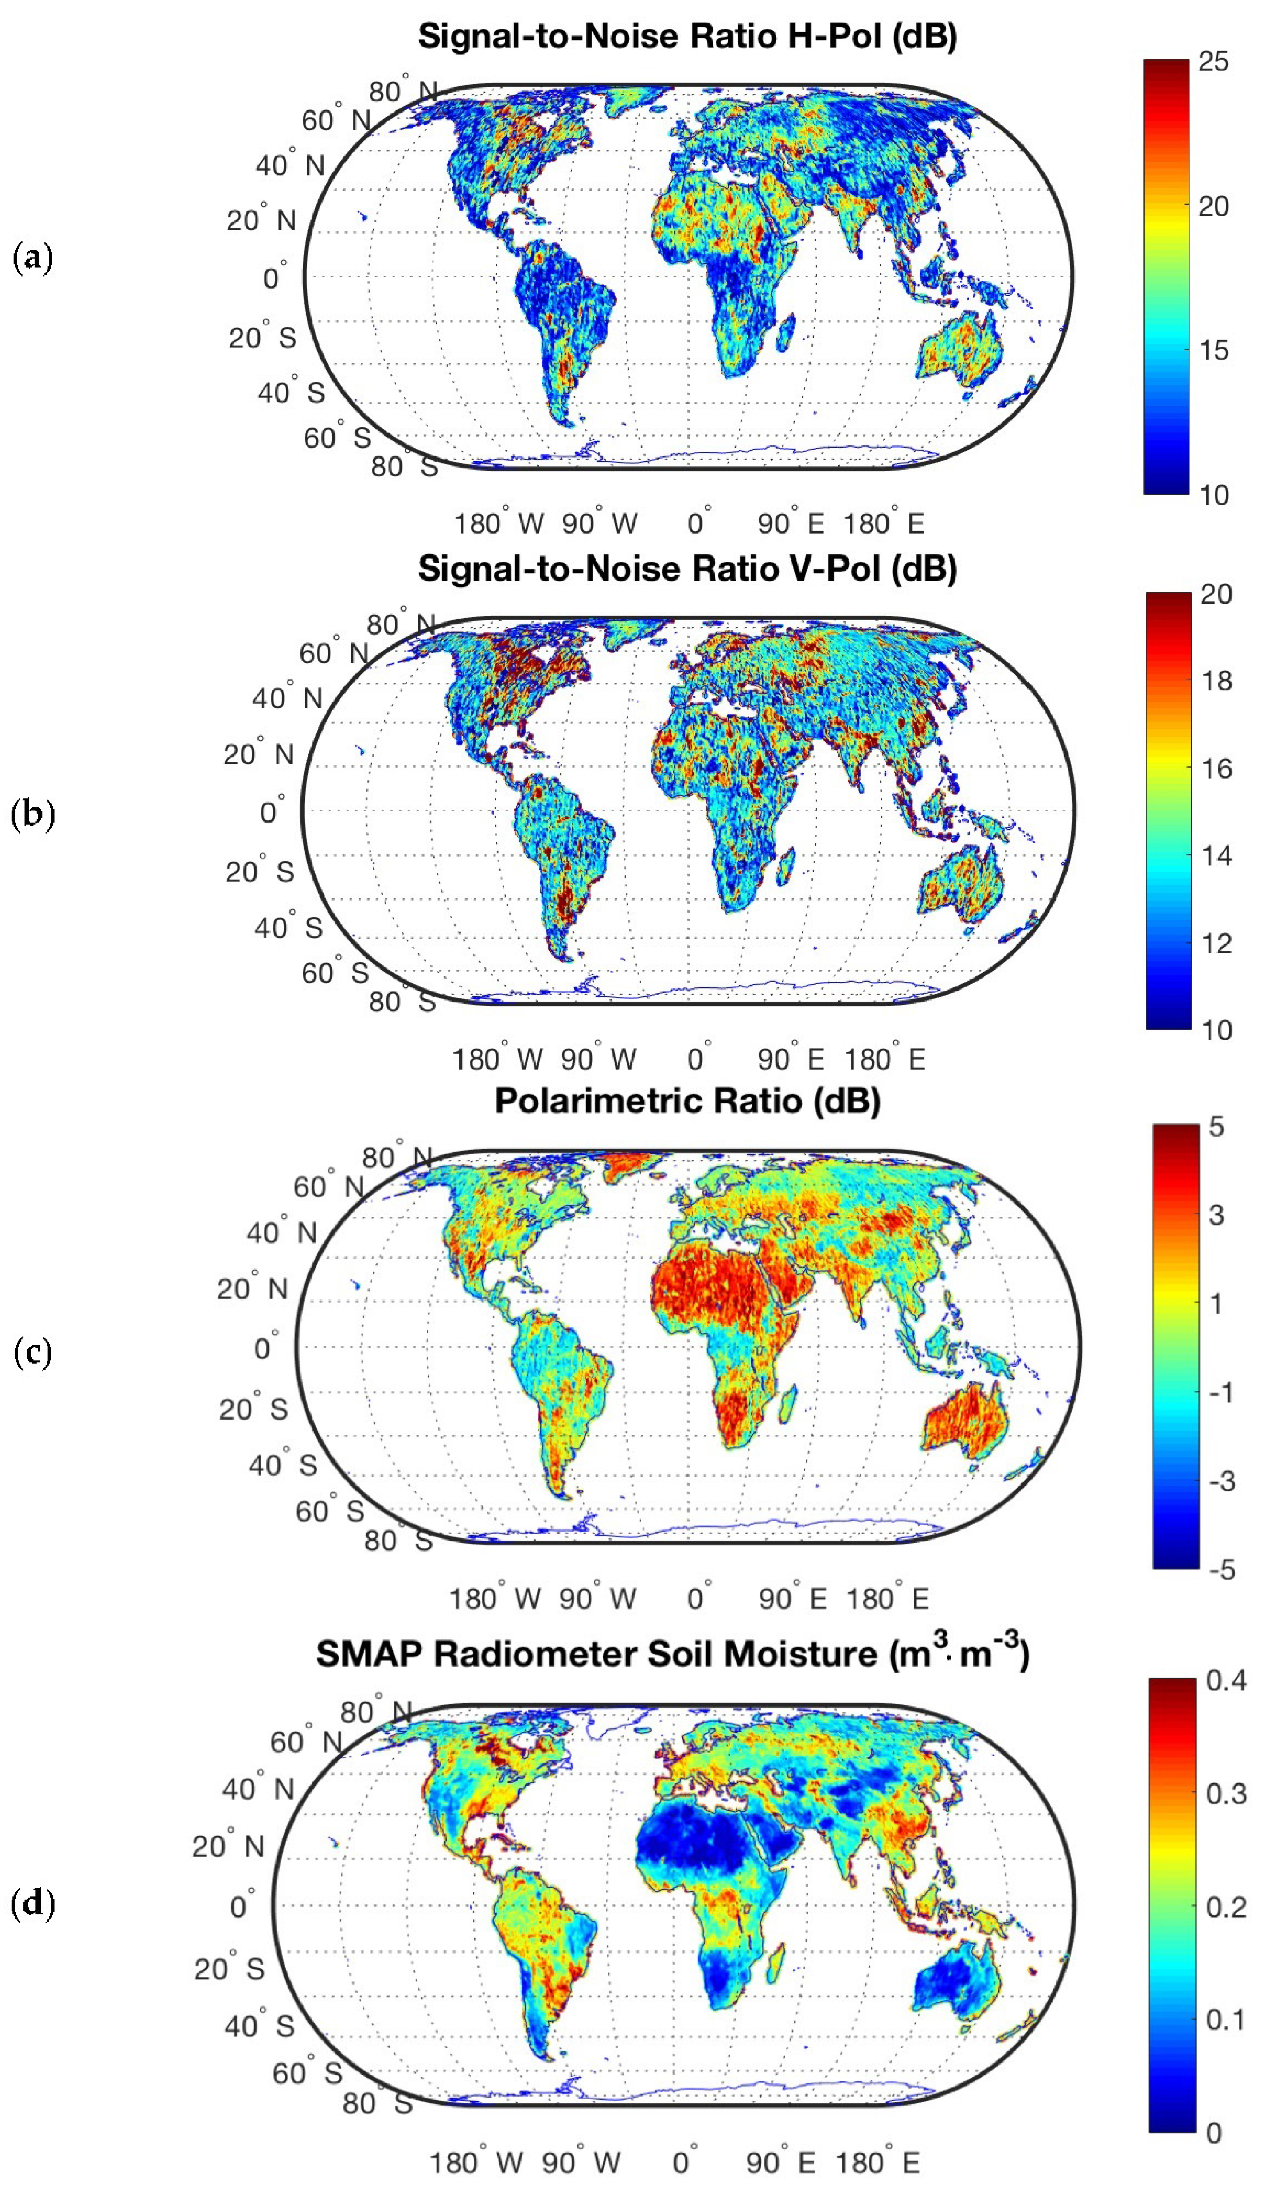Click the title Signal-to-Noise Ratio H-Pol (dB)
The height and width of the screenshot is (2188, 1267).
tap(687, 36)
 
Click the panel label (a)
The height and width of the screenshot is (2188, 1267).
tap(33, 258)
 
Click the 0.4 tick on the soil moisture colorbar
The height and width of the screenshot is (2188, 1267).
tap(1225, 1680)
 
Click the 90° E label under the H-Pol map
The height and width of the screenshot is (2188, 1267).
tap(790, 523)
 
